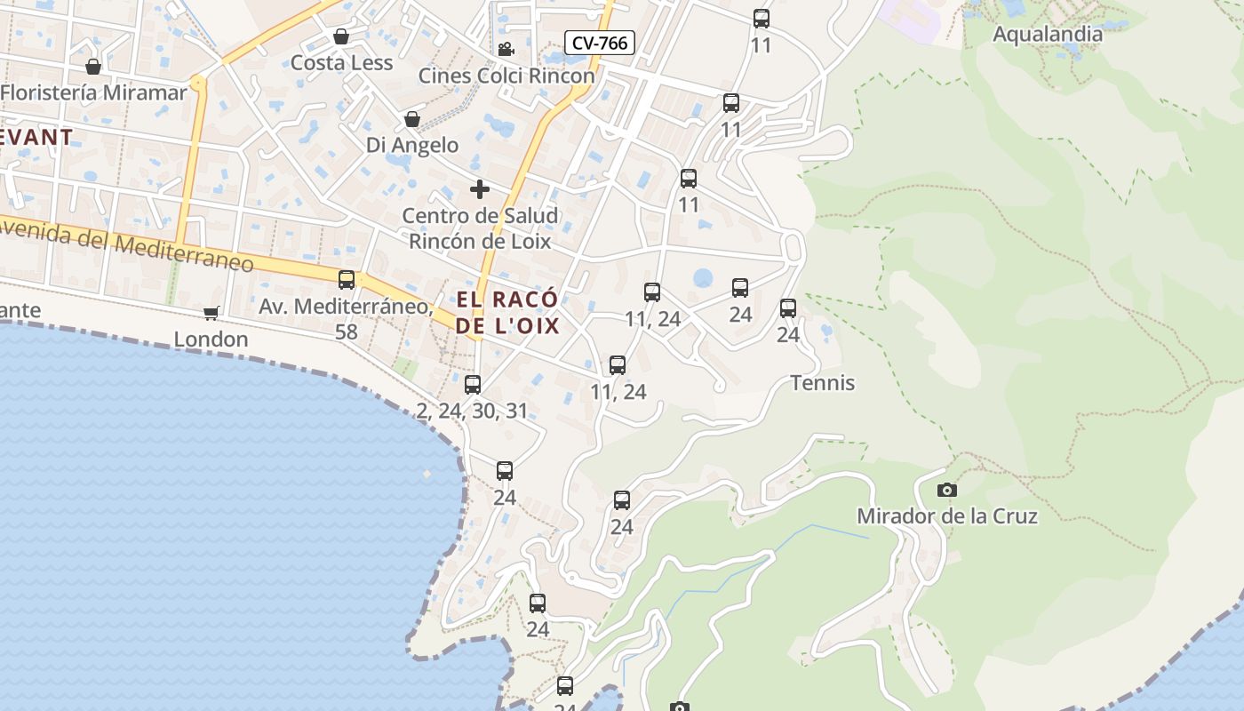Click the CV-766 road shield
[x=601, y=42]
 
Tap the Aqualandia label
[x=1047, y=35]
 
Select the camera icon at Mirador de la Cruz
[x=947, y=490]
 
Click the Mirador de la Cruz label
[x=947, y=515]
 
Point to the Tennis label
[x=823, y=383]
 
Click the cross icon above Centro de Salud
[x=480, y=189]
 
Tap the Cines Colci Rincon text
[x=506, y=76]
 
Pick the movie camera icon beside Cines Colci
[x=506, y=49]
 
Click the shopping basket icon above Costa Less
[x=340, y=36]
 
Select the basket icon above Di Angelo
[x=412, y=119]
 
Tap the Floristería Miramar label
[x=94, y=92]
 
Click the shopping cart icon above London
[x=211, y=313]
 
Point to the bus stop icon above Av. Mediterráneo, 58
[x=347, y=280]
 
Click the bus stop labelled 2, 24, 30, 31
[x=473, y=385]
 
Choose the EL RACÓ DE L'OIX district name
[x=507, y=312]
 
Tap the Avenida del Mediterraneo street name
[x=124, y=246]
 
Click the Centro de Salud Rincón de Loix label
[x=480, y=228]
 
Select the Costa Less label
[x=341, y=63]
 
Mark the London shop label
[x=211, y=340]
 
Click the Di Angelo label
[x=412, y=145]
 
